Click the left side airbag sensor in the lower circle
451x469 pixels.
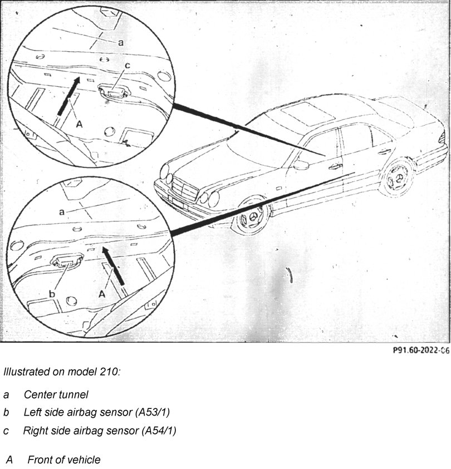point(67,259)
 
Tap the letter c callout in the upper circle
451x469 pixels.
point(127,66)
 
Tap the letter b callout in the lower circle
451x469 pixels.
point(52,293)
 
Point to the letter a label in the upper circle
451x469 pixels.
point(121,42)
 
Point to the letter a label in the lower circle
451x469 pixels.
point(61,211)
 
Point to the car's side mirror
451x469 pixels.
point(301,165)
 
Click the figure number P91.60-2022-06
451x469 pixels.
point(420,350)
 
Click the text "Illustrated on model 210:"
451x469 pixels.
point(61,372)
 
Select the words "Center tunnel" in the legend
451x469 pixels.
point(56,395)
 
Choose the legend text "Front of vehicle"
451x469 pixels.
point(64,460)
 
